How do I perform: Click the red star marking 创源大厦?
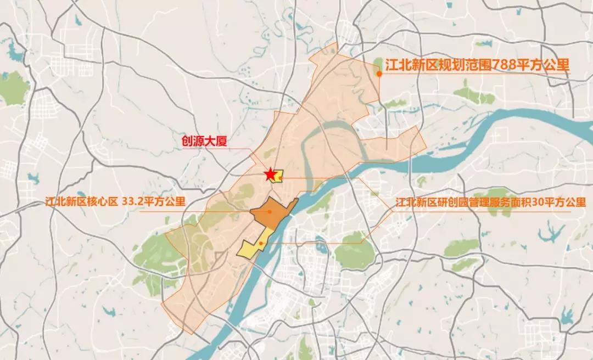click(270, 175)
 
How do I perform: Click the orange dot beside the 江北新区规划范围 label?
click(379, 72)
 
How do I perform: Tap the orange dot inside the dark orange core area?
click(270, 211)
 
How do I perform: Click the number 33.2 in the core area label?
click(132, 201)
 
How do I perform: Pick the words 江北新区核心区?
click(81, 201)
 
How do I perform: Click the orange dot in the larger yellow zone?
click(261, 243)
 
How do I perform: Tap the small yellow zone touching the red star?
click(278, 176)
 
